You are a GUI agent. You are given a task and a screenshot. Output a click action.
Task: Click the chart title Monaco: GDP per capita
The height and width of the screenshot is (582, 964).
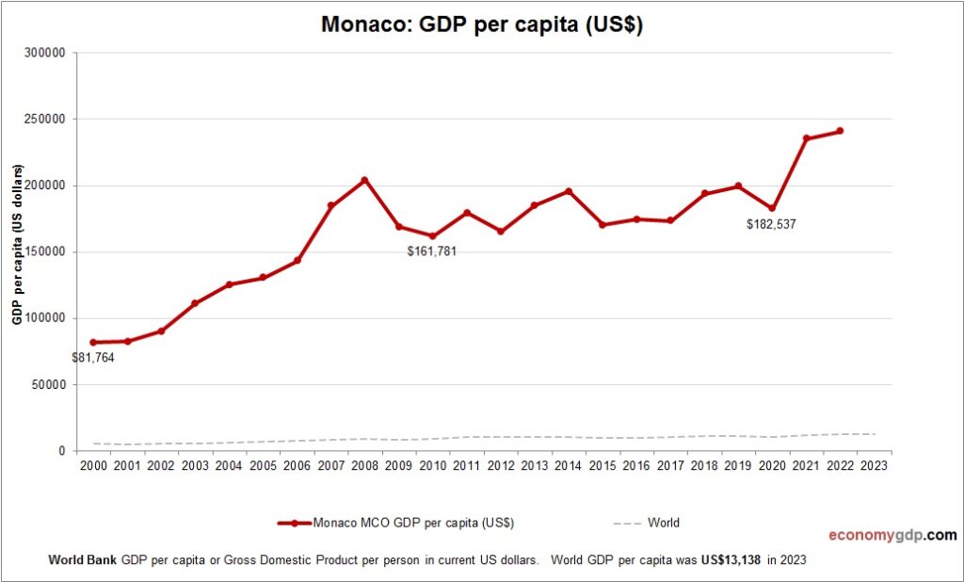coord(481,24)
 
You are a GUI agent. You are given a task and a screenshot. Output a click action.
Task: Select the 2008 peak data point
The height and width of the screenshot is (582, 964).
coord(364,180)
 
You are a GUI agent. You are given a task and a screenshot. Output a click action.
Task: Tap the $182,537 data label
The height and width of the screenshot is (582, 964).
coord(771,225)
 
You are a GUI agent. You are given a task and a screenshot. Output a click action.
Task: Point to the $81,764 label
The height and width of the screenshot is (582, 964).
coord(93,358)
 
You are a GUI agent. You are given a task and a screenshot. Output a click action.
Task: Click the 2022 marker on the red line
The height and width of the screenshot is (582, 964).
coord(840,131)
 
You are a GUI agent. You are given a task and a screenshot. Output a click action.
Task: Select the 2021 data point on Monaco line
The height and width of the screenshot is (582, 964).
coord(806,138)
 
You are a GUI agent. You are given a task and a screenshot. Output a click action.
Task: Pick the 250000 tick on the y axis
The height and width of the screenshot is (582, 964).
coord(44,120)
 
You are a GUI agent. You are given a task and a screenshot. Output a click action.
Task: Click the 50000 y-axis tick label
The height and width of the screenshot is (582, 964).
coord(47,384)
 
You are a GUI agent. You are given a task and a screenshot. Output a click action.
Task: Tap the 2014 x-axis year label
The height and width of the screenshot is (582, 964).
coord(568,465)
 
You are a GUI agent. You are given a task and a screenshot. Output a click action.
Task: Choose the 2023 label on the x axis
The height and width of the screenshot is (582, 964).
coord(874,465)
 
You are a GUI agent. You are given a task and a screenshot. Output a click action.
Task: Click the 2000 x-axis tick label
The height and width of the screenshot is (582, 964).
coord(93,465)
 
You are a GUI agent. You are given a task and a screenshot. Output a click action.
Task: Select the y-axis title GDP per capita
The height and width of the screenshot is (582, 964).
coord(17,245)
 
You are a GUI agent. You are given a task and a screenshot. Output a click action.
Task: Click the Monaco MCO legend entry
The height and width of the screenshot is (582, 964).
coord(395,523)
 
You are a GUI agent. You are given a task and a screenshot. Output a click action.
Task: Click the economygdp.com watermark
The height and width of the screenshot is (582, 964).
coord(892,535)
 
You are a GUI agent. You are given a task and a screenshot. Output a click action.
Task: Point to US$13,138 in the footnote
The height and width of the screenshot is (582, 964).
coord(730,559)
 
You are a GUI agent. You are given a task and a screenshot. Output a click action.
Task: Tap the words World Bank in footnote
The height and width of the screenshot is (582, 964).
coord(82,559)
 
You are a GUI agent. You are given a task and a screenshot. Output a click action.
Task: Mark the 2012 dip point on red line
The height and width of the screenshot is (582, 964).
coord(500,231)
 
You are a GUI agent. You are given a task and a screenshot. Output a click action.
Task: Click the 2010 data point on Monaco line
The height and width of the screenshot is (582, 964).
coord(432,236)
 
